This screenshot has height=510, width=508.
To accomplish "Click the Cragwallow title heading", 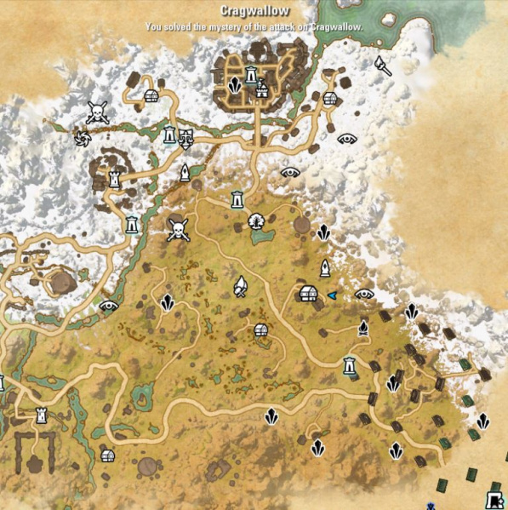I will pyautogui.click(x=254, y=11).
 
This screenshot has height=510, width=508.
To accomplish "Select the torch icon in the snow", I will pyautogui.click(x=383, y=66).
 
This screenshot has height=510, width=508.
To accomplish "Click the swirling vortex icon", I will pyautogui.click(x=83, y=138).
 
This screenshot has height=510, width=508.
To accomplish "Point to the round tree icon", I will pyautogui.click(x=255, y=222).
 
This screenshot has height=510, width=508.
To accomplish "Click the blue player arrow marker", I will pyautogui.click(x=332, y=295).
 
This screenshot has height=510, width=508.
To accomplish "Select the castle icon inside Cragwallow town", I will pyautogui.click(x=252, y=75).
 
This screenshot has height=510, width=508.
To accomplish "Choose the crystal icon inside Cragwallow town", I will pyautogui.click(x=235, y=85).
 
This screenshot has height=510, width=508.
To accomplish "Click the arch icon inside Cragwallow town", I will pyautogui.click(x=262, y=89).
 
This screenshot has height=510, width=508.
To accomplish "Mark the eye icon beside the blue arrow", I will pyautogui.click(x=364, y=294).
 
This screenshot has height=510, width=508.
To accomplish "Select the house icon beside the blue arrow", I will pyautogui.click(x=309, y=294).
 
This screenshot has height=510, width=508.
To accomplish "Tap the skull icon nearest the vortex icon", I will pyautogui.click(x=97, y=112).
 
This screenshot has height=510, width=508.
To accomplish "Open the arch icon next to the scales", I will pyautogui.click(x=170, y=135).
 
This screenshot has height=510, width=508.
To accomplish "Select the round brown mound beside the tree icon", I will pyautogui.click(x=301, y=224).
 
